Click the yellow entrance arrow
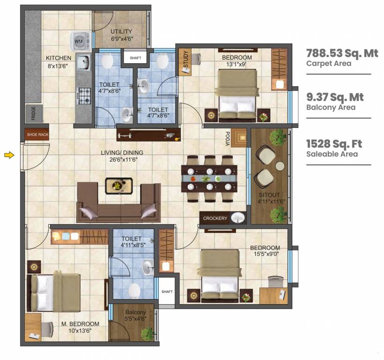point(9,155)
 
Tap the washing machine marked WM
point(78,41)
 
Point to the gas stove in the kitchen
point(84,97)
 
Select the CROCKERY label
point(215,218)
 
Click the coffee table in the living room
point(118,185)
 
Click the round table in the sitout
point(280,166)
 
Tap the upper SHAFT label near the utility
point(135,58)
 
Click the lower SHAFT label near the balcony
point(167,292)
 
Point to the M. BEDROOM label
point(80,324)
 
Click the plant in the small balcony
point(148,333)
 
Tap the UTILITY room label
point(121,32)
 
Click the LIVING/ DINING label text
point(122,153)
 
